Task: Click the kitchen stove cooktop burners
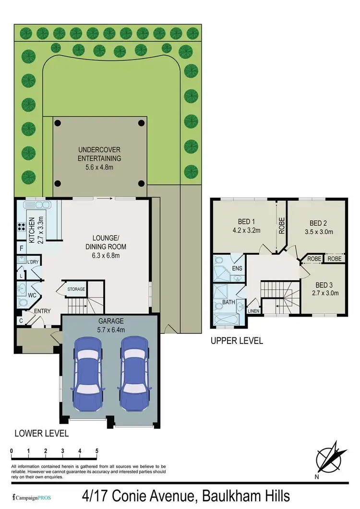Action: pyautogui.click(x=21, y=227)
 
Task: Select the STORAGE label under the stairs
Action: pyautogui.click(x=76, y=289)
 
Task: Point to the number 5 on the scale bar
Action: pyautogui.click(x=97, y=451)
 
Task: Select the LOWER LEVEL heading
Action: pyautogui.click(x=41, y=433)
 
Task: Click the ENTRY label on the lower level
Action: pyautogui.click(x=42, y=311)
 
